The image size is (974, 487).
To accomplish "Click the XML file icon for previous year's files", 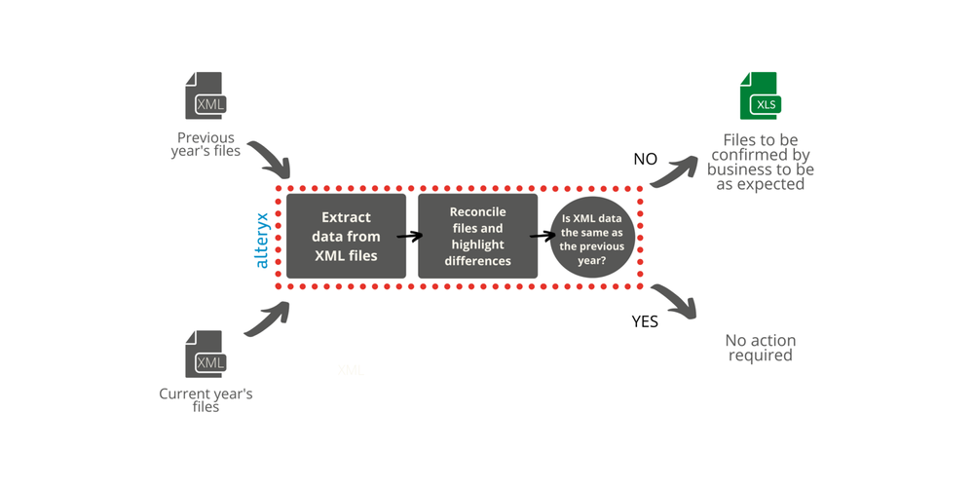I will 206,96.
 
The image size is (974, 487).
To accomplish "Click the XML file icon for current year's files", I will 206,355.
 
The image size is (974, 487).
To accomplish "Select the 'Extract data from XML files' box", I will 346,236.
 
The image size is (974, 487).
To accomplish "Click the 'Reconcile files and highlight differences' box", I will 477,236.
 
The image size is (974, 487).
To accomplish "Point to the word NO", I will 645,160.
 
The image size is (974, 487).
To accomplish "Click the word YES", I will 645,321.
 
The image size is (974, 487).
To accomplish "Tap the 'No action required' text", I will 760,348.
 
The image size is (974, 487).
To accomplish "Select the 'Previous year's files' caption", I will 206,144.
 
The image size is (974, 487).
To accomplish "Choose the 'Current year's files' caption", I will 206,400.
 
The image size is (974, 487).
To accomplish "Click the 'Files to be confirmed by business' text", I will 762,162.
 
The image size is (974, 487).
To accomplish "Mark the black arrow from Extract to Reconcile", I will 410,236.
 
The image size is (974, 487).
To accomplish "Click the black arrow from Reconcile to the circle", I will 542,235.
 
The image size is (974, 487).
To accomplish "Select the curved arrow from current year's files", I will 267,318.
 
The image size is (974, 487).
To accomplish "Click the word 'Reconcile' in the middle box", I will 477,211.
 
